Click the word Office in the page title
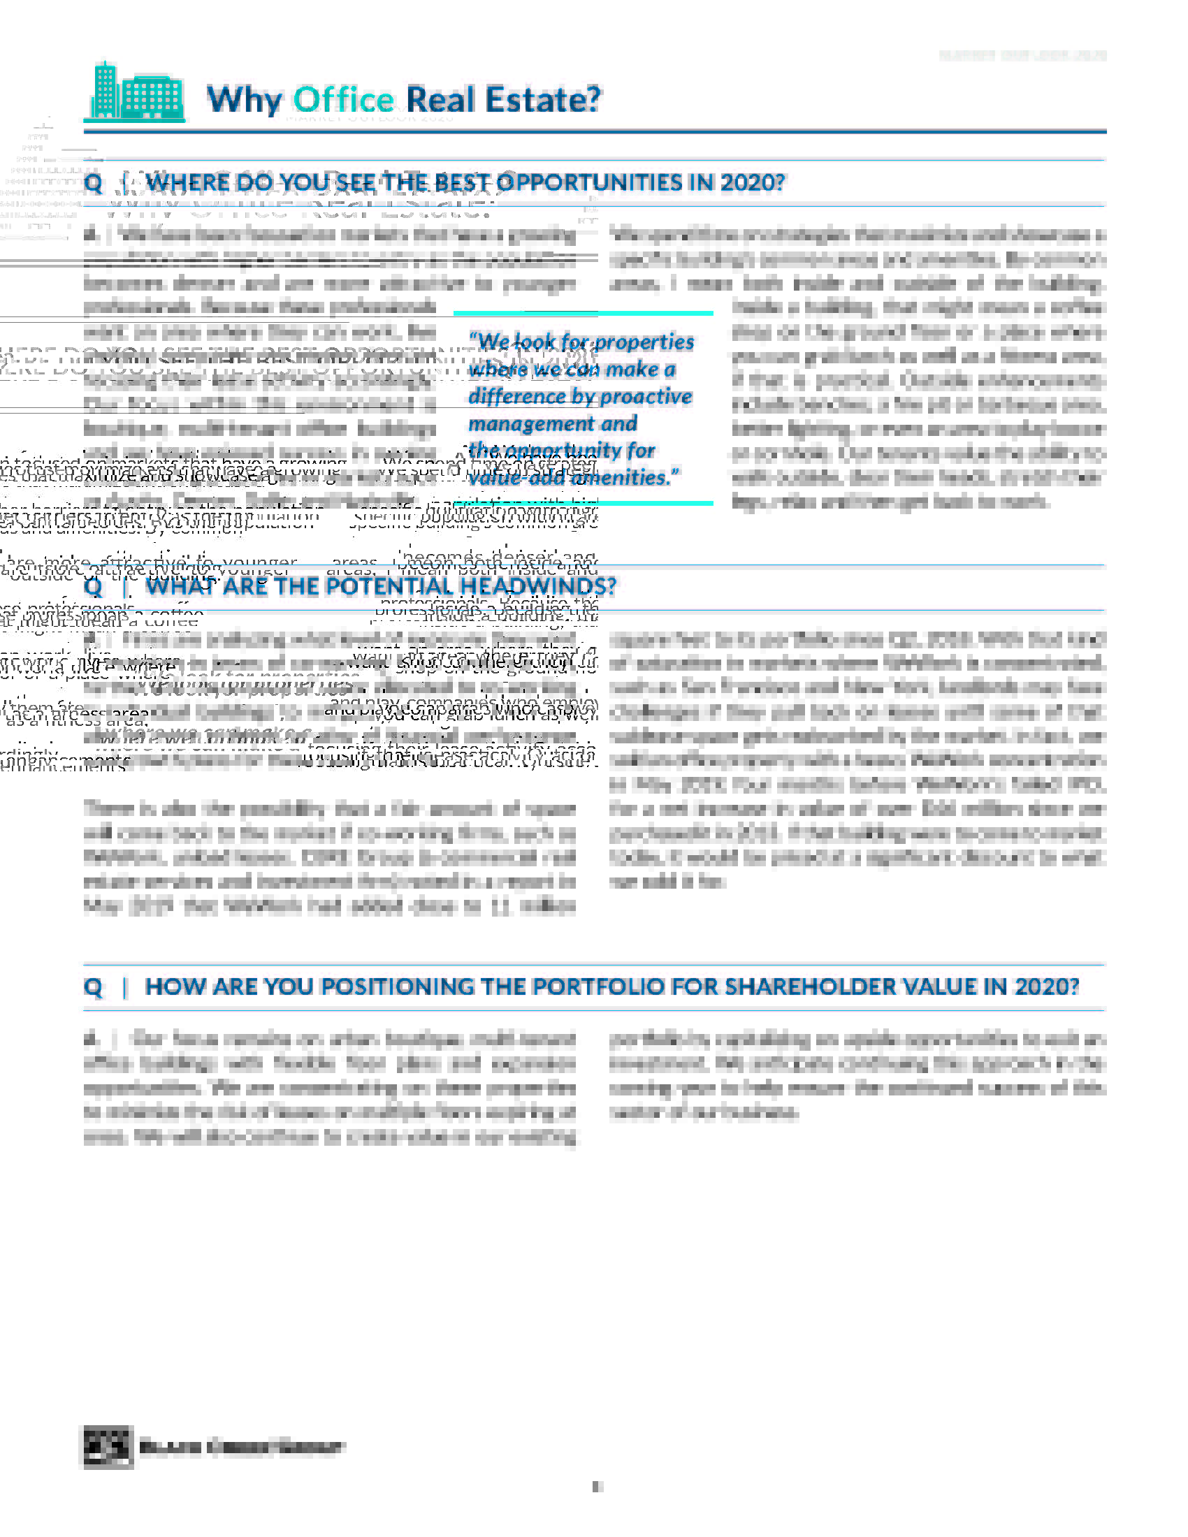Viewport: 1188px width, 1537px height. (x=342, y=99)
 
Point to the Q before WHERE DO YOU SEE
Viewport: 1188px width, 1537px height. (x=93, y=183)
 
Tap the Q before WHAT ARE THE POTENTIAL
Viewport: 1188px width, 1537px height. (x=93, y=587)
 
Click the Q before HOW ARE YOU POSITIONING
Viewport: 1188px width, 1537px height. (x=93, y=987)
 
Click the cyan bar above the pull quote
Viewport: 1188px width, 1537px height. (x=583, y=313)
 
